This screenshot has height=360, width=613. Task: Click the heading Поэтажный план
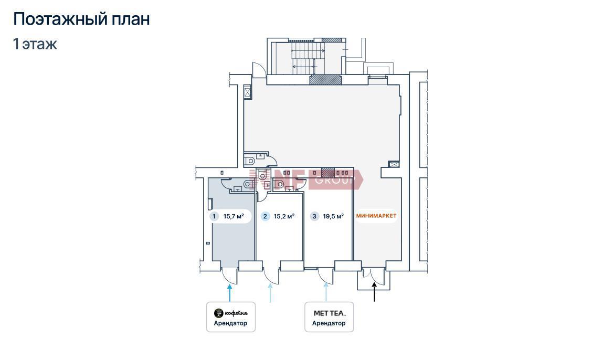click(81, 19)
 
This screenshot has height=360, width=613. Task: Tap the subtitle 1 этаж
click(35, 44)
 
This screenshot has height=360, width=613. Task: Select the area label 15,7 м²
click(234, 216)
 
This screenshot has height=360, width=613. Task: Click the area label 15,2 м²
click(284, 216)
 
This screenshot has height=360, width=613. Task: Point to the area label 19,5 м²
click(333, 216)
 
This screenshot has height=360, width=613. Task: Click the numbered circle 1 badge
click(214, 216)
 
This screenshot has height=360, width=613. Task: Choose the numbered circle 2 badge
click(266, 216)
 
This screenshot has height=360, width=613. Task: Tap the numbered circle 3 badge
click(314, 216)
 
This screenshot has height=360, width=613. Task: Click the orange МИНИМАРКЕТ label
click(376, 215)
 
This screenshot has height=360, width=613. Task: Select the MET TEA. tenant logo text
click(330, 313)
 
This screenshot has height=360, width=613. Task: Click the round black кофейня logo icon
click(218, 313)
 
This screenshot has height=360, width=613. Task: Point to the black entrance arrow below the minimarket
click(374, 292)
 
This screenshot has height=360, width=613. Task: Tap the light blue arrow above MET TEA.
click(326, 292)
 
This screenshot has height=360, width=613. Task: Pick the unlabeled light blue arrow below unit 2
click(270, 293)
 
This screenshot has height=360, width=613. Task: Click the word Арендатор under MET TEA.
click(329, 323)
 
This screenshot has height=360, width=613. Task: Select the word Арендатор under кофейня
click(230, 323)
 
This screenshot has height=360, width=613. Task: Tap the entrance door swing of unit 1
click(230, 277)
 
